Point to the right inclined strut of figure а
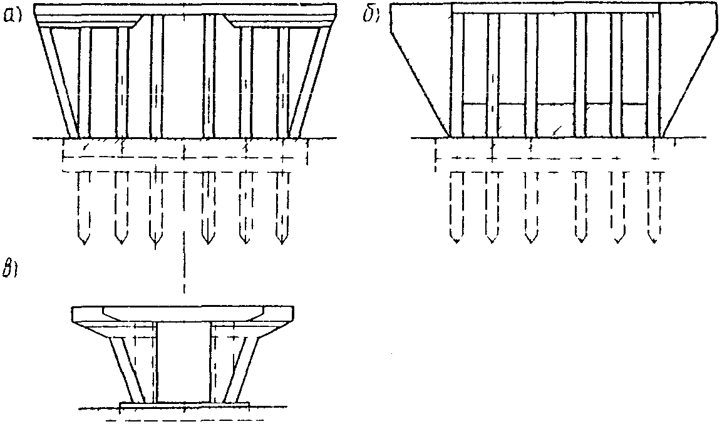(x=311, y=81)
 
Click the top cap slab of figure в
(x=183, y=314)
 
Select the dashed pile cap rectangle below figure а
(x=185, y=153)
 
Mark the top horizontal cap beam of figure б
(x=555, y=8)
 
